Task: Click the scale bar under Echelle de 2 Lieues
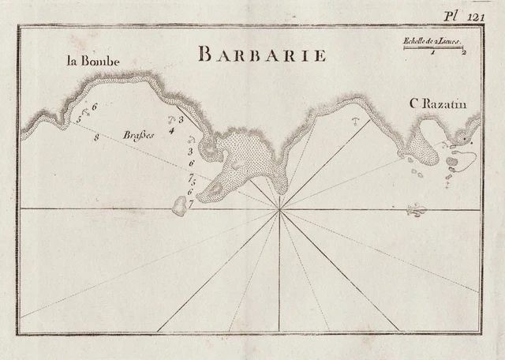pyautogui.click(x=433, y=47)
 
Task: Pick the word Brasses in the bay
pyautogui.click(x=139, y=135)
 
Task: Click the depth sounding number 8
pyautogui.click(x=97, y=138)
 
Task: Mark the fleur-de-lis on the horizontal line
pyautogui.click(x=415, y=210)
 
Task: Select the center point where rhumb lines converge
pyautogui.click(x=279, y=209)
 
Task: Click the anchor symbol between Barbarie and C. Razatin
pyautogui.click(x=355, y=122)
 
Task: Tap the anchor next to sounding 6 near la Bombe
pyautogui.click(x=86, y=110)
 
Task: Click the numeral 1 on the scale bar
pyautogui.click(x=433, y=53)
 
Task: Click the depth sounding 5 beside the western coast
pyautogui.click(x=79, y=120)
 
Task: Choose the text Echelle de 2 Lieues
pyautogui.click(x=431, y=40)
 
